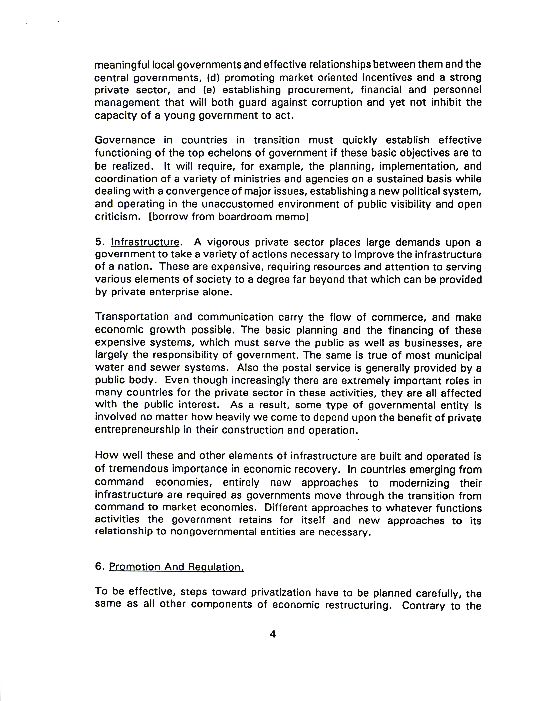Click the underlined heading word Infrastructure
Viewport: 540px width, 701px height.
pos(145,242)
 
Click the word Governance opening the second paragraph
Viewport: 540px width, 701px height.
pos(125,140)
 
